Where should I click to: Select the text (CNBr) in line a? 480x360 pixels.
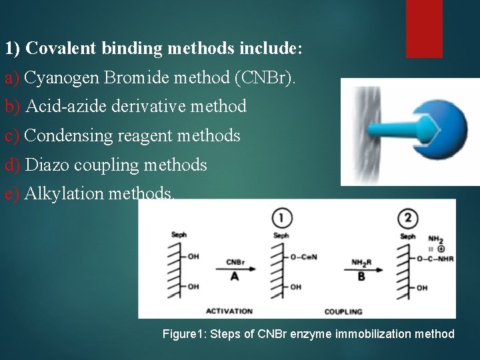click(263, 78)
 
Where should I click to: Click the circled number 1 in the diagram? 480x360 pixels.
click(283, 217)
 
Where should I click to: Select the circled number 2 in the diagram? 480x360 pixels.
click(407, 217)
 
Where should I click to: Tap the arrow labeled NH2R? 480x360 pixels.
click(361, 269)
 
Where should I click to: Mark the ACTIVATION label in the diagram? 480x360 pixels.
click(229, 311)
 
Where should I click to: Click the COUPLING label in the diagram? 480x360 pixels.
click(343, 311)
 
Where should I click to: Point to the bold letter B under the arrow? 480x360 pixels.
click(361, 276)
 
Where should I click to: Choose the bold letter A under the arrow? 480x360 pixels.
click(234, 276)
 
